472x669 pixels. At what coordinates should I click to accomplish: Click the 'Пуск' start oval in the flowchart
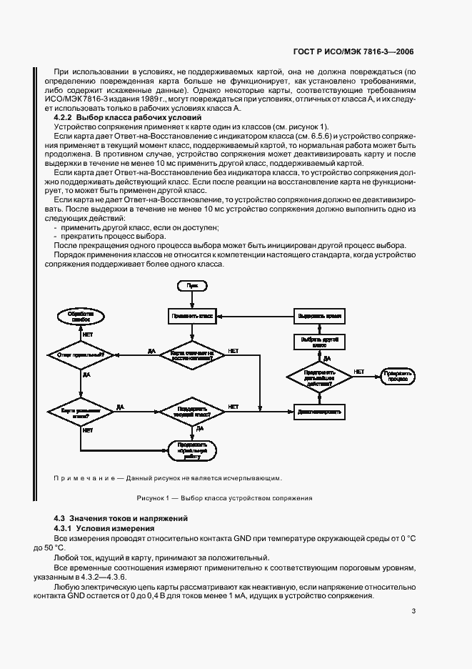click(x=192, y=285)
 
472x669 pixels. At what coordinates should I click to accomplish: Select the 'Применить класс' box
click(x=191, y=314)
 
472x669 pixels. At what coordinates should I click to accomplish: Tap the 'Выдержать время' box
click(x=319, y=314)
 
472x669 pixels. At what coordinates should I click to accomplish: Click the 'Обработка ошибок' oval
click(x=81, y=316)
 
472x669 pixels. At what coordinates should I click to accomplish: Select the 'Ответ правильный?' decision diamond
click(x=81, y=354)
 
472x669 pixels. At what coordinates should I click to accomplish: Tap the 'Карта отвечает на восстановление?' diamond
click(x=191, y=354)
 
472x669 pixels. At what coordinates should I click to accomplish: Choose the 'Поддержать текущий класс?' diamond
click(x=191, y=412)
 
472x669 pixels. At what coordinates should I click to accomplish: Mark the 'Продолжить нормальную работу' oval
click(x=191, y=451)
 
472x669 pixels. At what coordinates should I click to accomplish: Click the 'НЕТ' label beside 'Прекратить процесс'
click(x=359, y=372)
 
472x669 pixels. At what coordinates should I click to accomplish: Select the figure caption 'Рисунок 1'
click(x=224, y=498)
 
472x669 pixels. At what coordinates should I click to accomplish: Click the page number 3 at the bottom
click(x=413, y=611)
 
